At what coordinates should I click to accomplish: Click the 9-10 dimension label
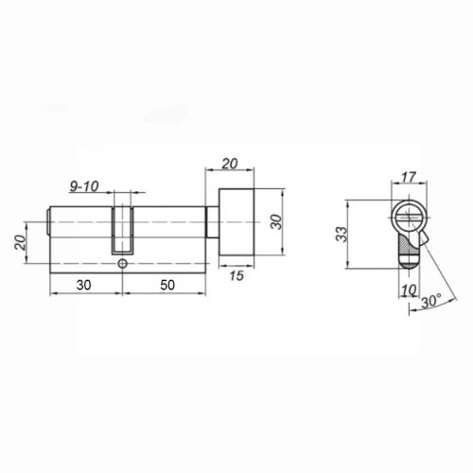pos(83,185)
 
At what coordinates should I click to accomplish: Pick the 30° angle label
pos(431,301)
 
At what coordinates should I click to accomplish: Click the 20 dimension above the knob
pos(230,163)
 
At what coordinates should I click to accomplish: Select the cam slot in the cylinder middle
pos(121,231)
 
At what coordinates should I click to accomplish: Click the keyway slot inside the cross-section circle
pos(408,218)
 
